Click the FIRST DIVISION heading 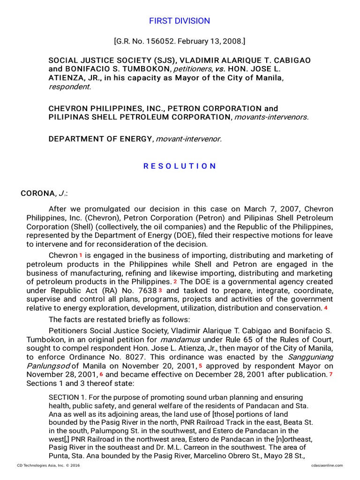180,21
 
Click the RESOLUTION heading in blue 180,166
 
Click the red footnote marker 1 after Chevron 81,255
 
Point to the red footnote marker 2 175,282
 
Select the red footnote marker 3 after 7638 160,291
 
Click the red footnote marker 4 326,308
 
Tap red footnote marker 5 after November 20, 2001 200,366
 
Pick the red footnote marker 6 101,375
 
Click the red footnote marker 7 330,375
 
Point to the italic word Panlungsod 48,366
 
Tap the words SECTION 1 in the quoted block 66,397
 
